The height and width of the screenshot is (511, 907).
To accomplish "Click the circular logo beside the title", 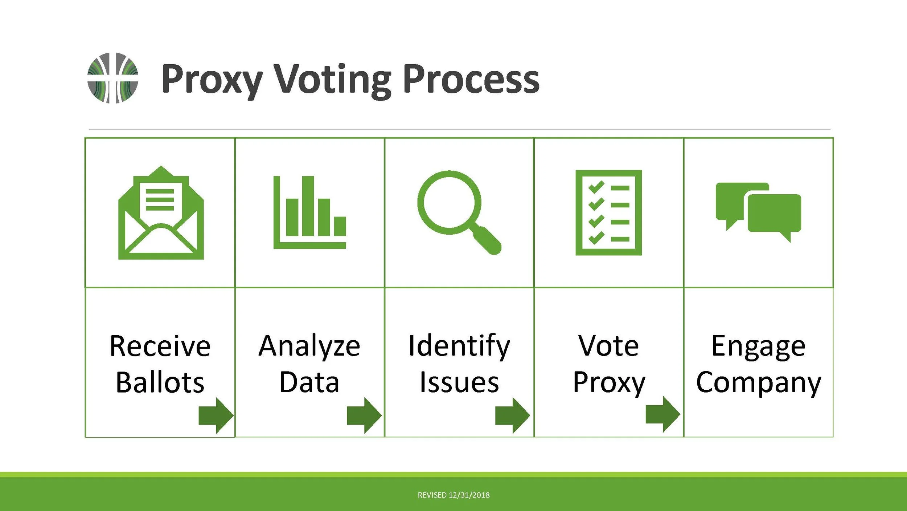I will tap(113, 78).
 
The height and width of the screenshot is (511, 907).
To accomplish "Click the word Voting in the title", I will tap(332, 80).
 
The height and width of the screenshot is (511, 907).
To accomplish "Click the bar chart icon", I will tap(309, 212).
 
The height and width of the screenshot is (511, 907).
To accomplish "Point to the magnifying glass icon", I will tap(459, 212).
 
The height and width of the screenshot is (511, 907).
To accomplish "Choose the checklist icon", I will tap(608, 213).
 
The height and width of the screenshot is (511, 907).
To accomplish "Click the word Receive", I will tap(160, 346).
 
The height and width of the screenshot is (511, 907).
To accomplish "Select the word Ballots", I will tap(160, 383).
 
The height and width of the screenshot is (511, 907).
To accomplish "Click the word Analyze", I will tap(309, 346).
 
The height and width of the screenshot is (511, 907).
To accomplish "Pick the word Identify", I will tap(459, 346).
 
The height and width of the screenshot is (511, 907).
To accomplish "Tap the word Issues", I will tap(459, 383).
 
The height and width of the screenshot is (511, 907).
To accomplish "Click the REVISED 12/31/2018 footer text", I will tap(453, 495).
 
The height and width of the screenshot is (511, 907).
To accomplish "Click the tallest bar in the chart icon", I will tap(308, 206).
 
